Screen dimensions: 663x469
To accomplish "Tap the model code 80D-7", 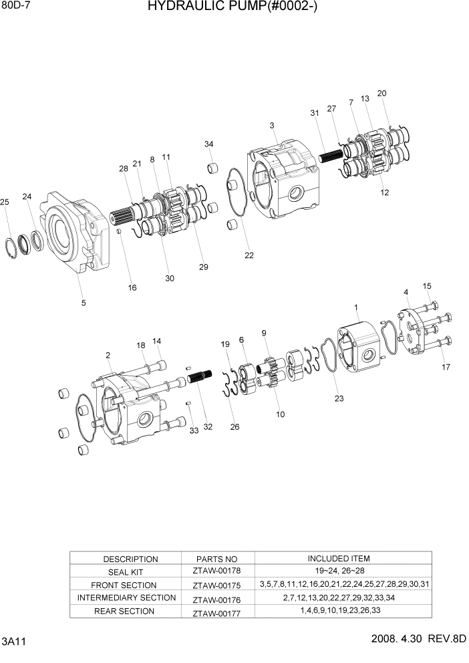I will [x=16, y=7].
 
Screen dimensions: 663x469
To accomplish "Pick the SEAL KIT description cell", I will [x=130, y=572].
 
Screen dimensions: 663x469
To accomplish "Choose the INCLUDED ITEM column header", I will [x=338, y=558].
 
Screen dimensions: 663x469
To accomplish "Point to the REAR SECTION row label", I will [x=124, y=611].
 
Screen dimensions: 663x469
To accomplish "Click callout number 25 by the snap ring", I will [x=5, y=203].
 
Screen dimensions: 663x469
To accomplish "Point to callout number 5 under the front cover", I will [x=83, y=303].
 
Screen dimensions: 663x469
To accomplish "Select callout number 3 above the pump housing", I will [x=272, y=125].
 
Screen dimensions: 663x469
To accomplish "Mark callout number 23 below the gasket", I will [x=339, y=399].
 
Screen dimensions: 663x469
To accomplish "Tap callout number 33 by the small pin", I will [x=194, y=430].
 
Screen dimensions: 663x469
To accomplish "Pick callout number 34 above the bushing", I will [x=209, y=144].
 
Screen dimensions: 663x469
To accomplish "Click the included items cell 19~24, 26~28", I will [x=338, y=571].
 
